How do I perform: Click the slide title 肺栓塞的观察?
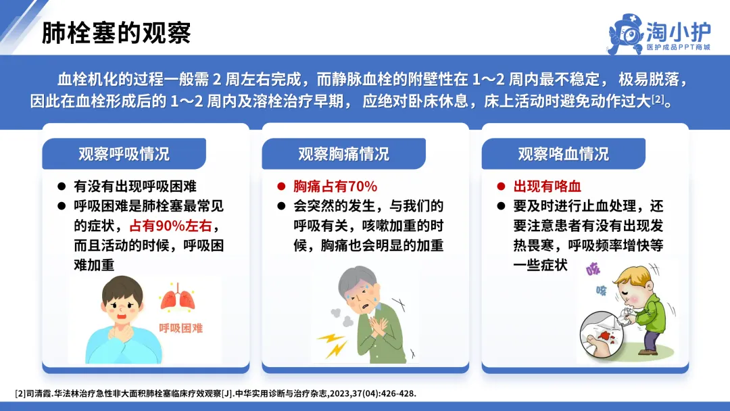pos(116,32)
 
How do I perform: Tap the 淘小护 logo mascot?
pos(626,34)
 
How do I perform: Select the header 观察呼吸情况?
pos(124,153)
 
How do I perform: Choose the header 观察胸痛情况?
pos(343,153)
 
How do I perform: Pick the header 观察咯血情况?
pos(563,153)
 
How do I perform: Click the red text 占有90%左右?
pos(170,226)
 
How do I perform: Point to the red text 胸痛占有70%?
pos(335,186)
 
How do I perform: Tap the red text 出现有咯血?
pos(547,186)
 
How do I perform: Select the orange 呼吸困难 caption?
pos(181,328)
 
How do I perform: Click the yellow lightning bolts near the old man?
pos(333,345)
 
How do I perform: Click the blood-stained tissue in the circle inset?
pos(604,336)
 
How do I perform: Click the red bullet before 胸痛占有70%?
pos(281,187)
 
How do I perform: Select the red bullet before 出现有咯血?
pos(501,187)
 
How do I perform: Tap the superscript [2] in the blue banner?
pos(658,99)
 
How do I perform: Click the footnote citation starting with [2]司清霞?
pos(216,393)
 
